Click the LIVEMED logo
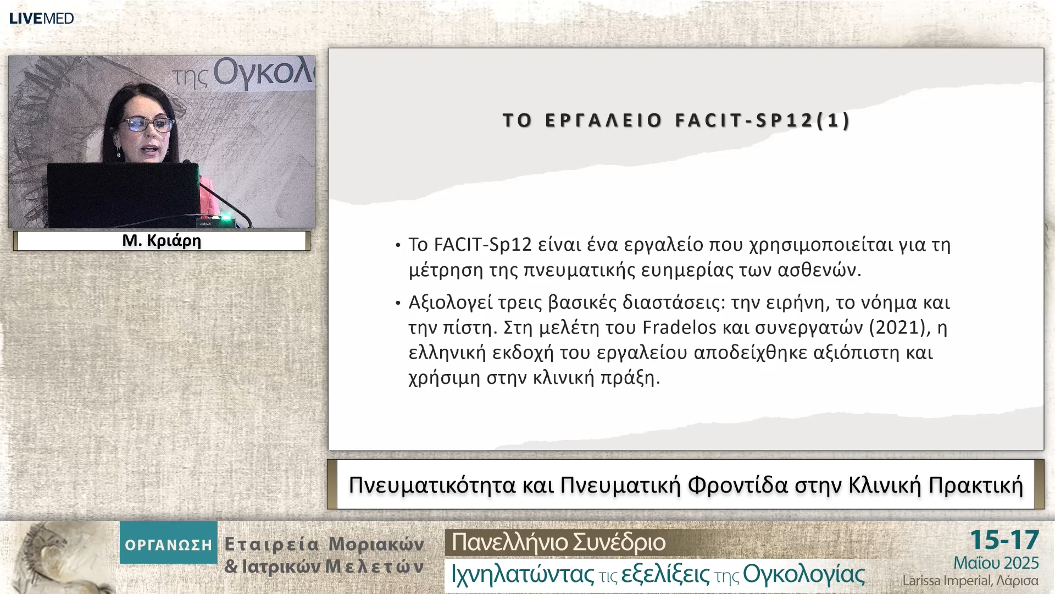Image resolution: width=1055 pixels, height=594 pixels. click(x=41, y=18)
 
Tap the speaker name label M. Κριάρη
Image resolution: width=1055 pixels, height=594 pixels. click(x=162, y=241)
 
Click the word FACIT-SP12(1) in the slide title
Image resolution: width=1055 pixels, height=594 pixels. click(x=763, y=120)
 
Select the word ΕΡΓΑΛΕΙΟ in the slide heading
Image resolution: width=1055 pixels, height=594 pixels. click(x=603, y=120)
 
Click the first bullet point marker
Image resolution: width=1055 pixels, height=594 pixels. click(x=398, y=245)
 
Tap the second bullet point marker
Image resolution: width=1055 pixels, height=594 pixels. click(x=398, y=304)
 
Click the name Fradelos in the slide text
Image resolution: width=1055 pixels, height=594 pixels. click(x=680, y=328)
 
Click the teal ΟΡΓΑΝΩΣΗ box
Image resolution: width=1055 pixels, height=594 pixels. click(x=168, y=543)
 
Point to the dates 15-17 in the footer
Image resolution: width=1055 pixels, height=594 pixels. click(x=1004, y=540)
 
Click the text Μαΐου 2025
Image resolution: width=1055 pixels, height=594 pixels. click(x=996, y=563)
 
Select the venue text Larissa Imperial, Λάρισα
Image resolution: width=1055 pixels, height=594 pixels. click(x=970, y=581)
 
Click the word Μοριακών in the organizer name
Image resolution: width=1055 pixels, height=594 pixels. click(x=376, y=544)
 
